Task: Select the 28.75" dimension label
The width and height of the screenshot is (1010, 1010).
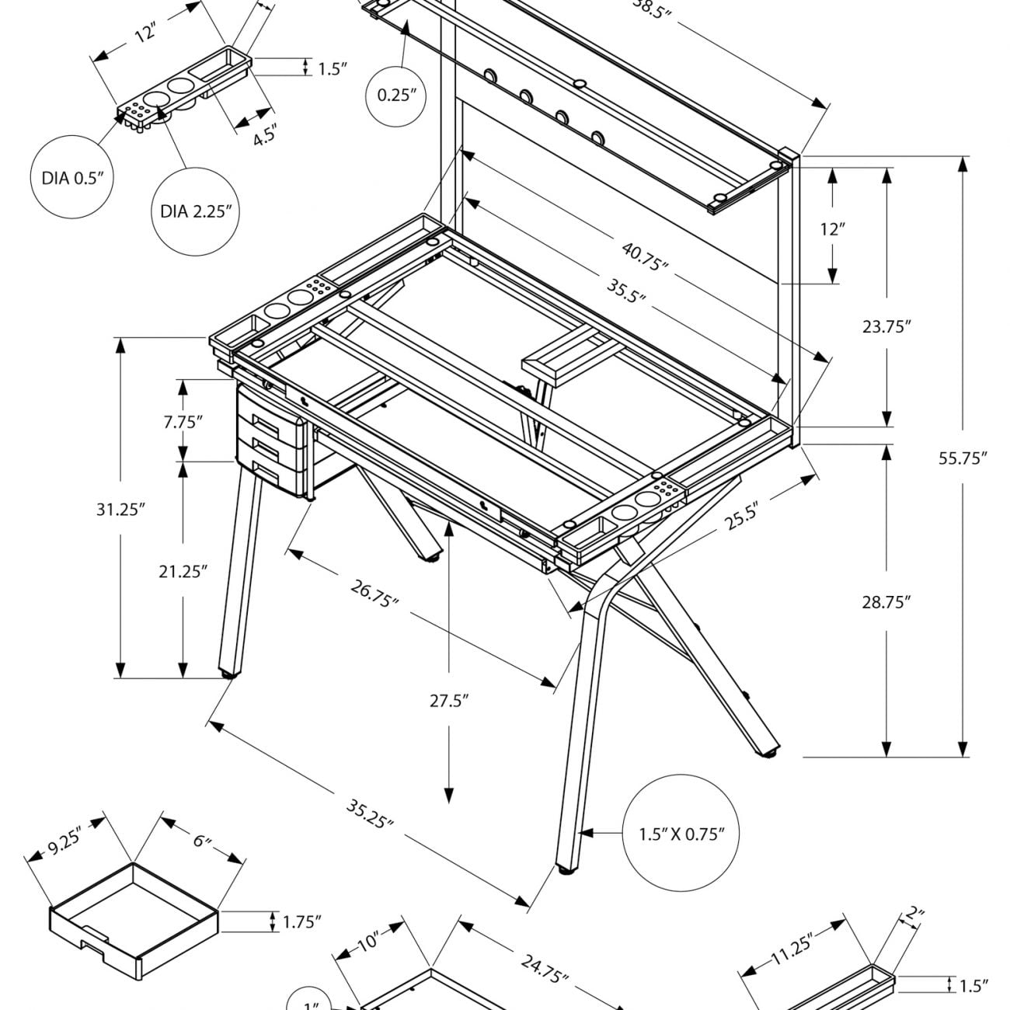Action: [x=886, y=601]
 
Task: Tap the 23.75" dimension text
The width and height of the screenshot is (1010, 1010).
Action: [x=886, y=326]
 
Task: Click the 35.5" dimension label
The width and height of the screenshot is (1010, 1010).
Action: [x=626, y=290]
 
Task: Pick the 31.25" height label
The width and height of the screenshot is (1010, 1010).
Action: [x=121, y=509]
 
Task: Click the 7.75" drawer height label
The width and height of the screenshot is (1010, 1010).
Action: [x=183, y=422]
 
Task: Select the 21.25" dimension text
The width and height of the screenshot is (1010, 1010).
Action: [x=183, y=572]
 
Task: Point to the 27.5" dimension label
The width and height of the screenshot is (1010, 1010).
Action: [x=450, y=702]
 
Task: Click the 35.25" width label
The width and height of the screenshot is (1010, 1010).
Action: [x=370, y=812]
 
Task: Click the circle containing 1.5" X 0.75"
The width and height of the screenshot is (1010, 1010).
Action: [x=681, y=834]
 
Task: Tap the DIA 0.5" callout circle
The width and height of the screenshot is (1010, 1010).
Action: [x=72, y=178]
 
